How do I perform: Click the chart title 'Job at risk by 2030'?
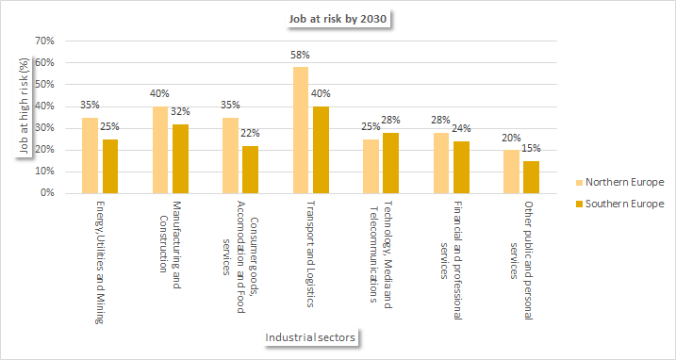pos(337,19)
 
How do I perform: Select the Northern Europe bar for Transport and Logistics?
pos(301,130)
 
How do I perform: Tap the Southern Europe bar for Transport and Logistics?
pos(321,150)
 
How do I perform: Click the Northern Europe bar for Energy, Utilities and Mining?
pos(90,155)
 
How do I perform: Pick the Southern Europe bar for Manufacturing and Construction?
pos(180,158)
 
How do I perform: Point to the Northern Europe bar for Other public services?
pos(511,172)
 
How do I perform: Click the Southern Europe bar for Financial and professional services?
pos(461,167)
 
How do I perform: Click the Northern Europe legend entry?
pos(618,182)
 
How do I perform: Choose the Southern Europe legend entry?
pos(618,204)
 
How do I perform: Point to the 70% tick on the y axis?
pos(44,41)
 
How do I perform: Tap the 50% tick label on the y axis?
pos(44,85)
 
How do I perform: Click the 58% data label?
pos(301,56)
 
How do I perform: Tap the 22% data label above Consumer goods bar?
pos(251,134)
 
